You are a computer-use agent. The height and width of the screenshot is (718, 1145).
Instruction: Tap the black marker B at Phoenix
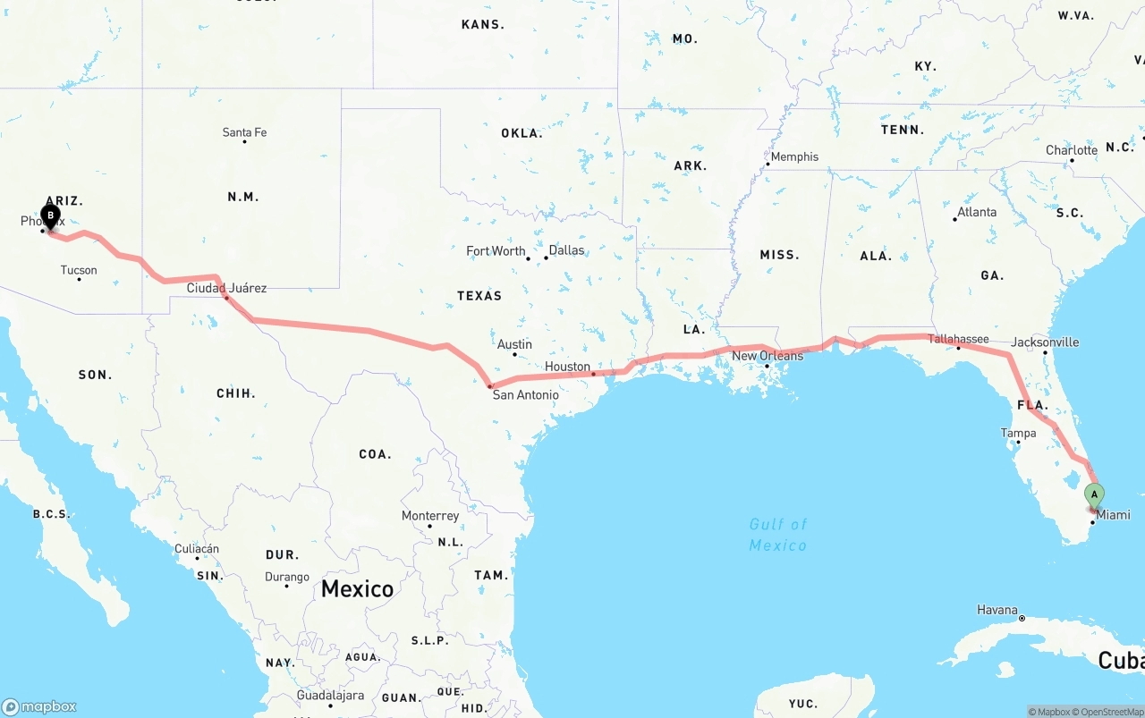point(50,215)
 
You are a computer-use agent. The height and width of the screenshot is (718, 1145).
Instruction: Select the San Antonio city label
point(526,394)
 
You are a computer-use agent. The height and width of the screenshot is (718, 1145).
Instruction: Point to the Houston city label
point(567,367)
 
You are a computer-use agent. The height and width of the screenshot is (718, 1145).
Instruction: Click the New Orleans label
point(768,356)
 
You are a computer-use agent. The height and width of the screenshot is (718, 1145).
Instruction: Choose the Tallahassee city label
point(958,339)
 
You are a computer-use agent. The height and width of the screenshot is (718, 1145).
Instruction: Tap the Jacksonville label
point(1045,342)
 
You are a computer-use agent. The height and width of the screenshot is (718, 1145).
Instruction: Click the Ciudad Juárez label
point(226,288)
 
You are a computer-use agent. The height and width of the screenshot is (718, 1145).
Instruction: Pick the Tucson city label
point(79,270)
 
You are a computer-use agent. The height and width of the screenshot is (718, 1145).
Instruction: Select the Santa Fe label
point(244,132)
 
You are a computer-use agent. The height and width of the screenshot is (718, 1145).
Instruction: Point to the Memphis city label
point(794,156)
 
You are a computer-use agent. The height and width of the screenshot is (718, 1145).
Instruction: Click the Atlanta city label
point(977,212)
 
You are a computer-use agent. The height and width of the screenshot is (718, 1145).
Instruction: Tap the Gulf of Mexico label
point(777,535)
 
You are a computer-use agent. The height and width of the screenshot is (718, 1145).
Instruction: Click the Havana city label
point(997,610)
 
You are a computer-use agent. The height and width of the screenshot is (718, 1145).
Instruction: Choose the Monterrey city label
point(430,516)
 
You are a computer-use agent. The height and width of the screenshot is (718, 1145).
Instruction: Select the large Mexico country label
point(357,588)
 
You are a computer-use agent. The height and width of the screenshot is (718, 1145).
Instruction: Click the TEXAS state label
point(479,296)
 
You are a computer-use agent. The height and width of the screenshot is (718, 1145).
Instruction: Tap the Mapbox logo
point(39,706)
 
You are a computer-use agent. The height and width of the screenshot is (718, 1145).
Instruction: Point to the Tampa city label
point(1018,434)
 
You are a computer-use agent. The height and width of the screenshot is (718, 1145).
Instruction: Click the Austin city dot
point(514,354)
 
